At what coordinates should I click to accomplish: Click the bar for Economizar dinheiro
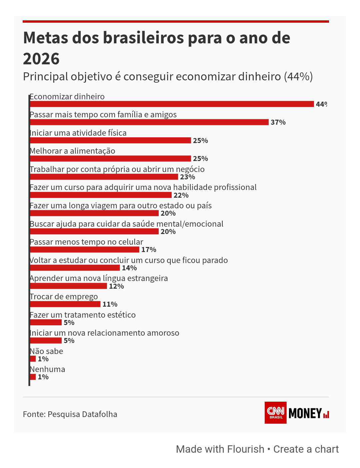(172, 104)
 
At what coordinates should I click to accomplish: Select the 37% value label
(278, 122)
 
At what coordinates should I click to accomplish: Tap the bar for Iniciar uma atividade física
(110, 140)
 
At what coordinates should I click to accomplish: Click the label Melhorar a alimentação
(72, 151)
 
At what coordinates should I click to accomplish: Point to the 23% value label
(187, 177)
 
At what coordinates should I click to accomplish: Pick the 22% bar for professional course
(101, 195)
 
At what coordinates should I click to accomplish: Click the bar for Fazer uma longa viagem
(94, 213)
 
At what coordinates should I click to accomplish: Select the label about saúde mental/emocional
(126, 224)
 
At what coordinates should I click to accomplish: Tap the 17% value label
(149, 250)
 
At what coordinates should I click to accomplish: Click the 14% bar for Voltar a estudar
(75, 268)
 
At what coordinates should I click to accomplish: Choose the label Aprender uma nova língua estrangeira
(99, 278)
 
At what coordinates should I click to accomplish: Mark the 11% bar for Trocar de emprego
(65, 304)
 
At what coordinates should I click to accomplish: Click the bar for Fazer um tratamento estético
(46, 322)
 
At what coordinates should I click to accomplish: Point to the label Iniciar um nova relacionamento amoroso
(104, 333)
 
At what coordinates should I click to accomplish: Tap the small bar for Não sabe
(33, 359)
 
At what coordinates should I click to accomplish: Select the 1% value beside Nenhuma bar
(43, 377)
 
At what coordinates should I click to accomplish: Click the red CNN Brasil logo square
(276, 413)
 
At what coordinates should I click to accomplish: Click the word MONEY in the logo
(305, 413)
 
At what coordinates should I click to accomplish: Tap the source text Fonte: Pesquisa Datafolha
(70, 414)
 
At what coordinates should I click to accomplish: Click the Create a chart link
(306, 449)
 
